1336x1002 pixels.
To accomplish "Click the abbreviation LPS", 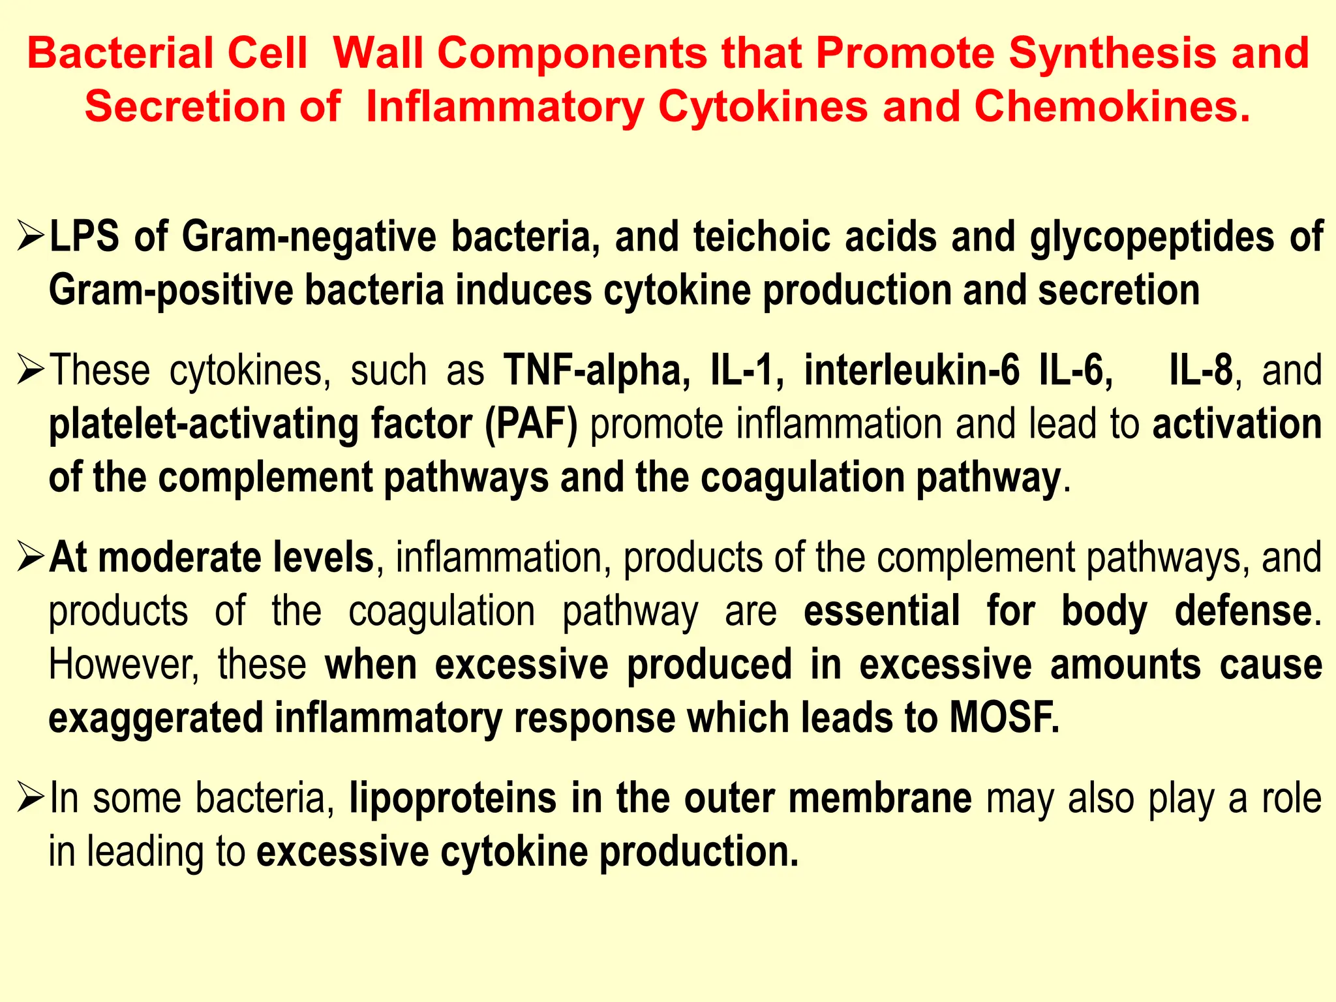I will coord(85,236).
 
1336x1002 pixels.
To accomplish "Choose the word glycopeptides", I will coord(1151,237).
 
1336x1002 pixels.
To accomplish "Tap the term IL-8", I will coord(1200,371).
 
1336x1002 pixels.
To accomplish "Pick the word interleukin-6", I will coord(911,371).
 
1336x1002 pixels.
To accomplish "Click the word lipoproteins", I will coord(453,798).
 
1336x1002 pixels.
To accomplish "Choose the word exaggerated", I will coord(156,719).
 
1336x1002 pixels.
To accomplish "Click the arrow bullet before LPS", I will coord(31,237).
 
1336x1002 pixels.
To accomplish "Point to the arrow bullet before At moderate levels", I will coord(31,558).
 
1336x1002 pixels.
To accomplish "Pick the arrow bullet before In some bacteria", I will coord(31,799).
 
